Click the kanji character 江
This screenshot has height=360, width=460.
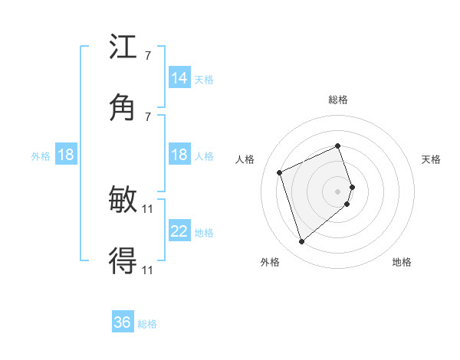pos(123,48)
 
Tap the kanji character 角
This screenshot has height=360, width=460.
pos(123,107)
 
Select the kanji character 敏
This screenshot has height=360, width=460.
pos(123,201)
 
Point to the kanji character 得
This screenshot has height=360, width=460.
pos(123,260)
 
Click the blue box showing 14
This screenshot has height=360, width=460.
pos(179,78)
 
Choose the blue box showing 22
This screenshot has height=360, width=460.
pos(179,231)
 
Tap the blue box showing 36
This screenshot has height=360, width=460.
pos(123,322)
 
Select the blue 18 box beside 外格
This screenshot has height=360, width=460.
pos(66,155)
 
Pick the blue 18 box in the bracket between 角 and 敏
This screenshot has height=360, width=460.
pos(179,155)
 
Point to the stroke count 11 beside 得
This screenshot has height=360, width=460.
pos(148,270)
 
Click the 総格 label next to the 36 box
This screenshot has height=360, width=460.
pos(147,324)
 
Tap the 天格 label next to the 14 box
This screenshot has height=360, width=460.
pos(204,80)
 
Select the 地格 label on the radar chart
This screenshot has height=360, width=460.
pos(402,262)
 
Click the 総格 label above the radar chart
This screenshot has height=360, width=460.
pos(338,100)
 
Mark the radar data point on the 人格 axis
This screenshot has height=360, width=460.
pos(281,172)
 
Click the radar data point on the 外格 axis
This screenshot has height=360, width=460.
pos(302,242)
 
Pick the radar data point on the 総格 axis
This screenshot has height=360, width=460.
pos(338,146)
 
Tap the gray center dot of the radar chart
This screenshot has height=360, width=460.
pos(338,190)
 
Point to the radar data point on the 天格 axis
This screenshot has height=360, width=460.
pos(352,186)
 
